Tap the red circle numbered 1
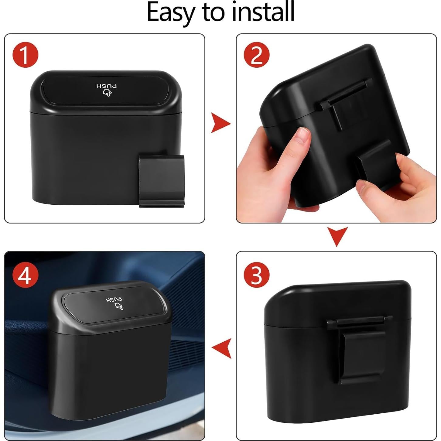coord(25,55)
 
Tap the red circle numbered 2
coord(257,55)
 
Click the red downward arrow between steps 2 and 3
coord(337,236)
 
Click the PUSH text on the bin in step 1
coord(107,86)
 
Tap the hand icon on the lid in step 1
coord(107,93)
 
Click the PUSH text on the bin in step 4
coord(115,300)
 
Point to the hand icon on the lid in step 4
coord(119,306)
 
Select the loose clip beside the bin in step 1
coord(162,181)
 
